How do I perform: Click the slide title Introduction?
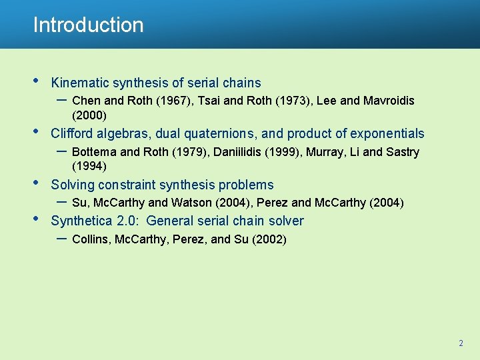[x=88, y=25]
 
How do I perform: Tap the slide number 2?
[x=460, y=343]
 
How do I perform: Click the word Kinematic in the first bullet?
[x=81, y=83]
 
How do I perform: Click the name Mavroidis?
[x=389, y=101]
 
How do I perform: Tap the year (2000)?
[x=89, y=115]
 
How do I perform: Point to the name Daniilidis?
[x=237, y=152]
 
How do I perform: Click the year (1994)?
[x=89, y=166]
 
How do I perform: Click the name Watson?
[x=193, y=203]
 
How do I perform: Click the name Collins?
[x=91, y=239]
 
